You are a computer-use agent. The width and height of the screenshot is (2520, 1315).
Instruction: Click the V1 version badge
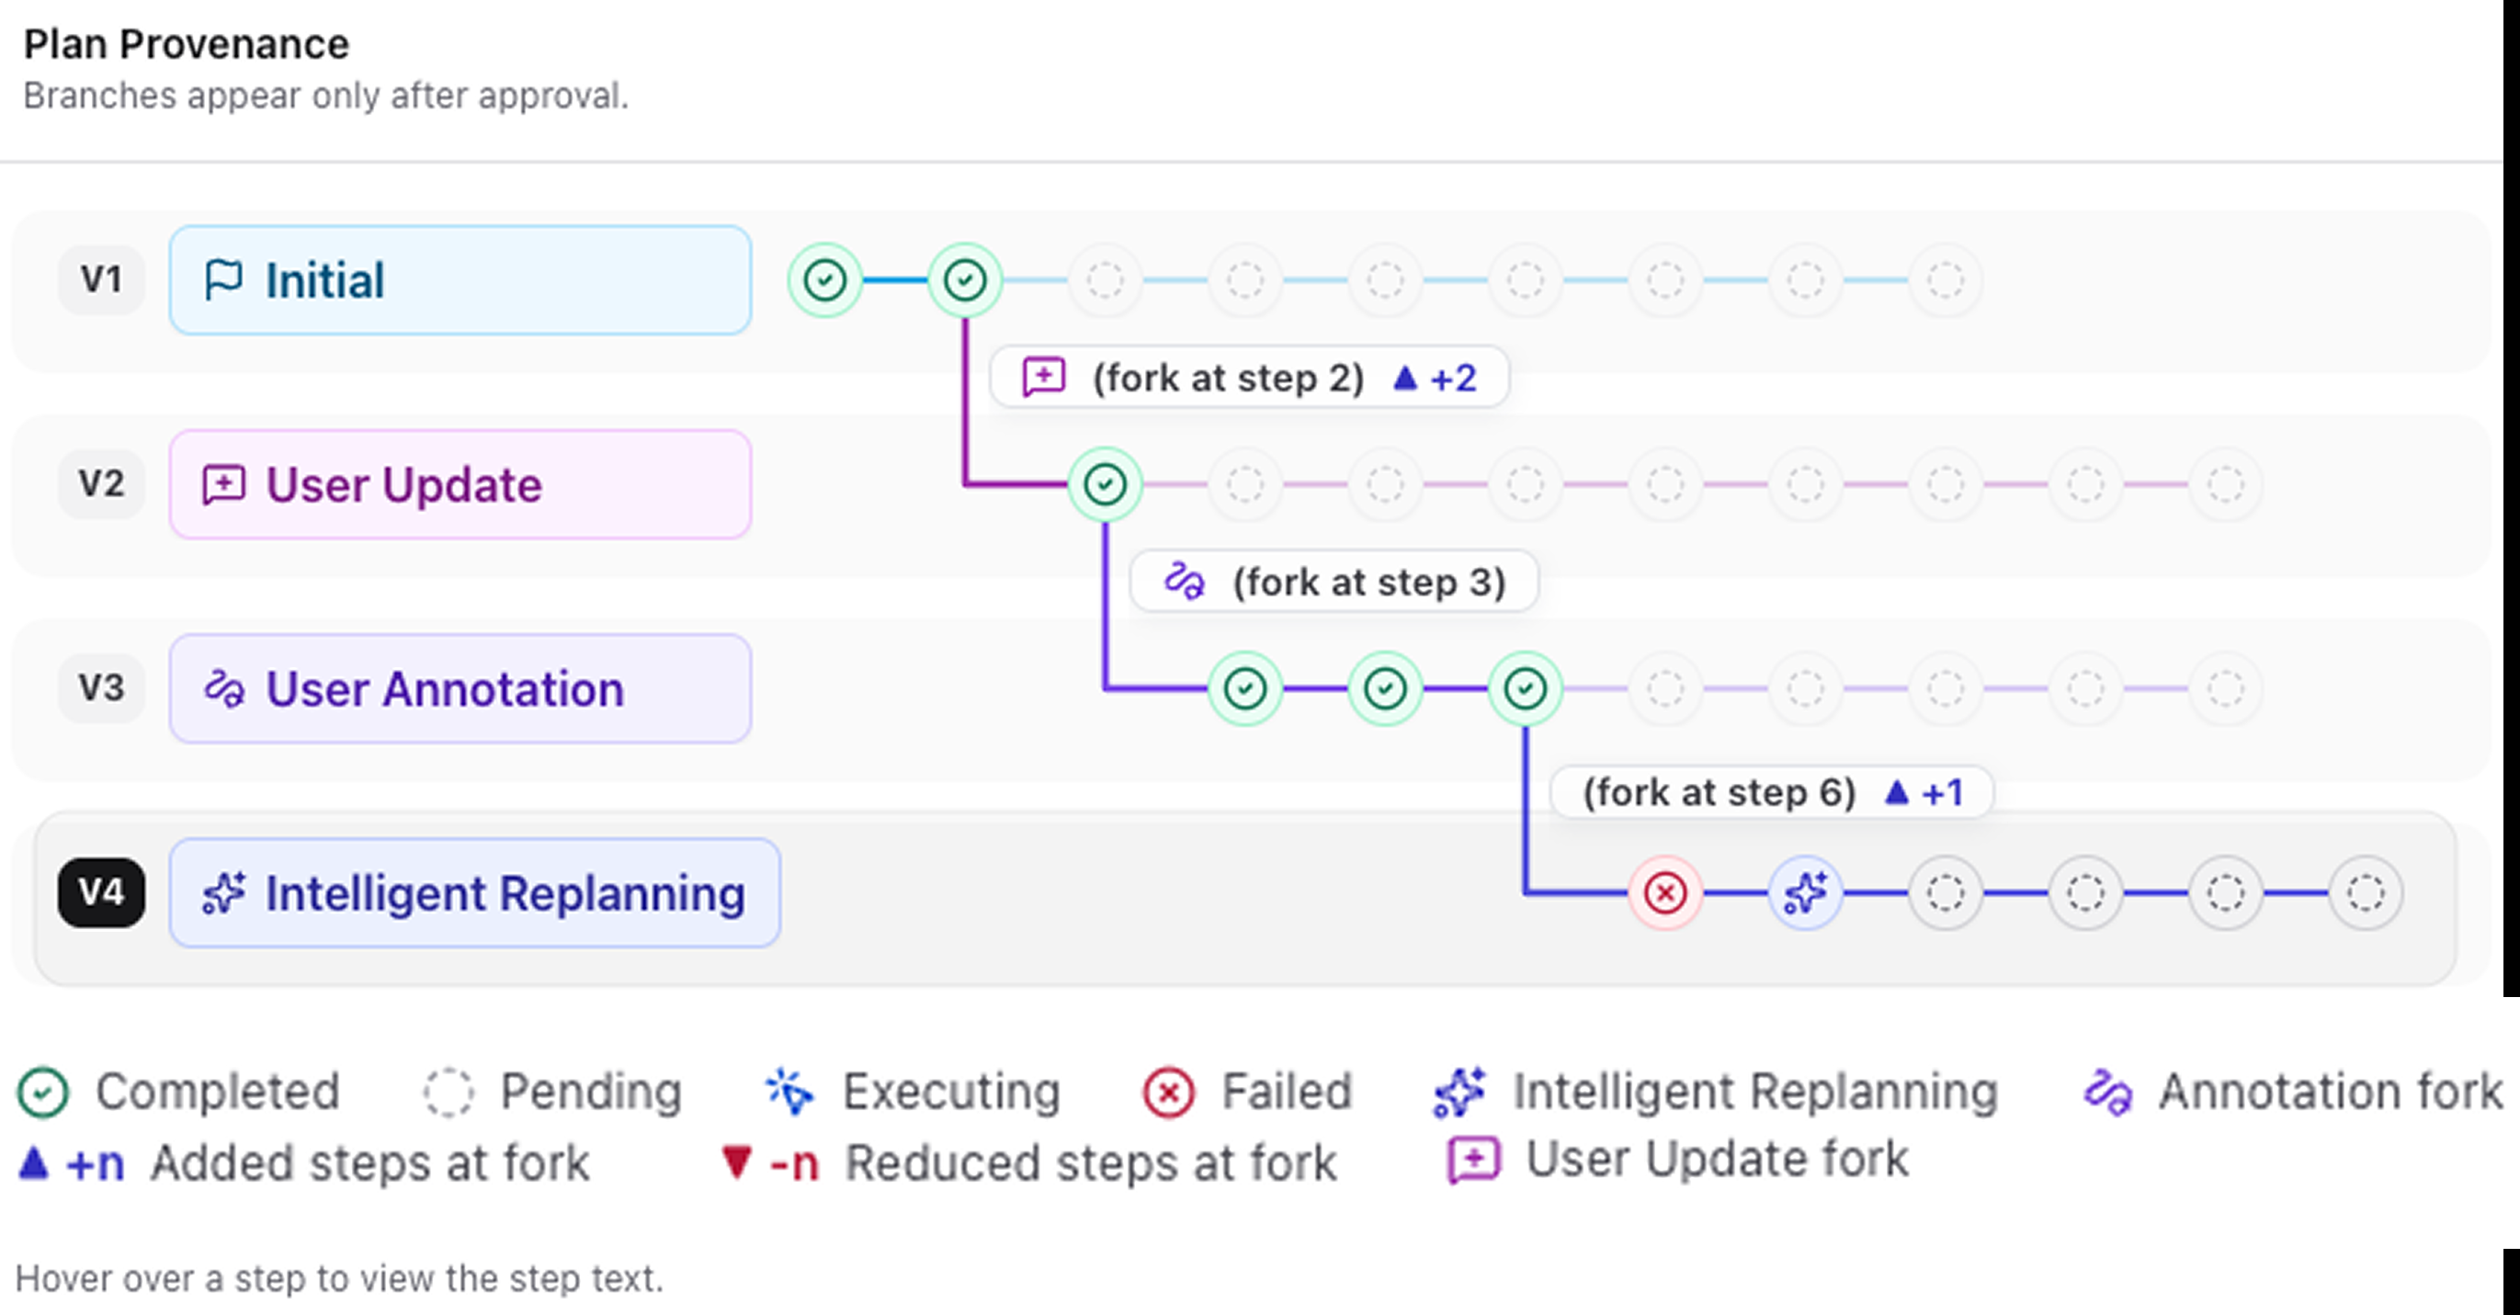coord(102,280)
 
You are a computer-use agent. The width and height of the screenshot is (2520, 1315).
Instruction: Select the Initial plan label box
coord(460,280)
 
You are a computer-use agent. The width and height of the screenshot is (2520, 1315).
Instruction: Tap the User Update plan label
coord(460,484)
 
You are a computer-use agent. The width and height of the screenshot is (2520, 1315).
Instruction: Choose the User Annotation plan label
coord(460,689)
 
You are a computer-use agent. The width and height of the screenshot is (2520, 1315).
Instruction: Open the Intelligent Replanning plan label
coord(474,892)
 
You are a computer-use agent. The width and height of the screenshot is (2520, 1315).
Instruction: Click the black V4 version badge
coord(102,892)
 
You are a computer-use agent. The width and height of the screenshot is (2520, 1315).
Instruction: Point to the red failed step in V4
coord(1665,892)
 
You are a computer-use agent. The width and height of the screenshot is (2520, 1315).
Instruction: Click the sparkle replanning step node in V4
coord(1806,892)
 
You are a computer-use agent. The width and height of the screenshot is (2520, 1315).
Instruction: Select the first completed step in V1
coord(824,280)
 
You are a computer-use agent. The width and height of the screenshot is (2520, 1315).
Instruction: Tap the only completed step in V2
coord(1106,484)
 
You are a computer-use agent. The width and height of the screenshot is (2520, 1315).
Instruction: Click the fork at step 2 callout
coord(1249,378)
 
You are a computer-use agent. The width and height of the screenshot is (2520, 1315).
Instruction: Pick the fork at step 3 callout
coord(1334,583)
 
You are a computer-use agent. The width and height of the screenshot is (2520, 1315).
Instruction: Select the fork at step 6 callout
coord(1772,791)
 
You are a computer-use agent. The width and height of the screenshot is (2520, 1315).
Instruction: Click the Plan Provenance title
coord(186,44)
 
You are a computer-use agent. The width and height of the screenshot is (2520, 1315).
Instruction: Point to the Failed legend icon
coord(1168,1092)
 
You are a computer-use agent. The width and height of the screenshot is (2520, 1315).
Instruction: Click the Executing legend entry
coord(913,1092)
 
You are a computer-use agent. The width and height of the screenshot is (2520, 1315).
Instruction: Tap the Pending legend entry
coord(552,1092)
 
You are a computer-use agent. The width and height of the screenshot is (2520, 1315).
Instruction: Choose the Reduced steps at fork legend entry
coord(1028,1163)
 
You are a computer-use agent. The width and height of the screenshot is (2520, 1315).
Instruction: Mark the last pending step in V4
coord(2366,892)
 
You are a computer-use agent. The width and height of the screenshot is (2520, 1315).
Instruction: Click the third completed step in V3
coord(1525,689)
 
